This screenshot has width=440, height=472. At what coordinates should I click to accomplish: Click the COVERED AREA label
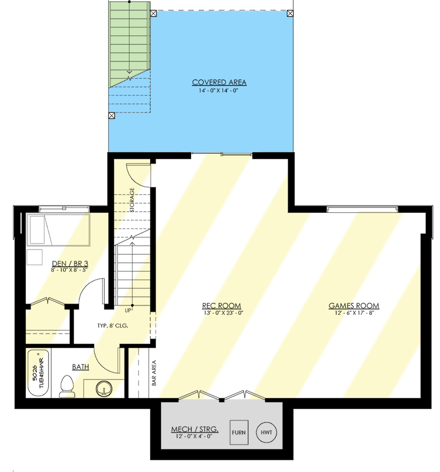pos(219,83)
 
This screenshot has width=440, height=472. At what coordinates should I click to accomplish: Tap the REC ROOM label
pos(221,306)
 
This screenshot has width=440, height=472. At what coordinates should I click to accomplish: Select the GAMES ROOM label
pos(354,306)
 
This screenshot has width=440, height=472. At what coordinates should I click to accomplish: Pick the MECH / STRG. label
pos(195,429)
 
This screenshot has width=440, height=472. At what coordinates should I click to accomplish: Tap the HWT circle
pos(267,432)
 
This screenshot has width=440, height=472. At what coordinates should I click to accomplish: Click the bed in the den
pos(58,230)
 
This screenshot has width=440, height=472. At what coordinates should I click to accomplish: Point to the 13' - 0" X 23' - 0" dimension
pos(221,313)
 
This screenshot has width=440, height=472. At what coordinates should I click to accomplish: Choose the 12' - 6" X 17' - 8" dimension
pos(354,313)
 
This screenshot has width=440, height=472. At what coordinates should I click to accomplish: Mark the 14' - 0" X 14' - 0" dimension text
pos(219,90)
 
